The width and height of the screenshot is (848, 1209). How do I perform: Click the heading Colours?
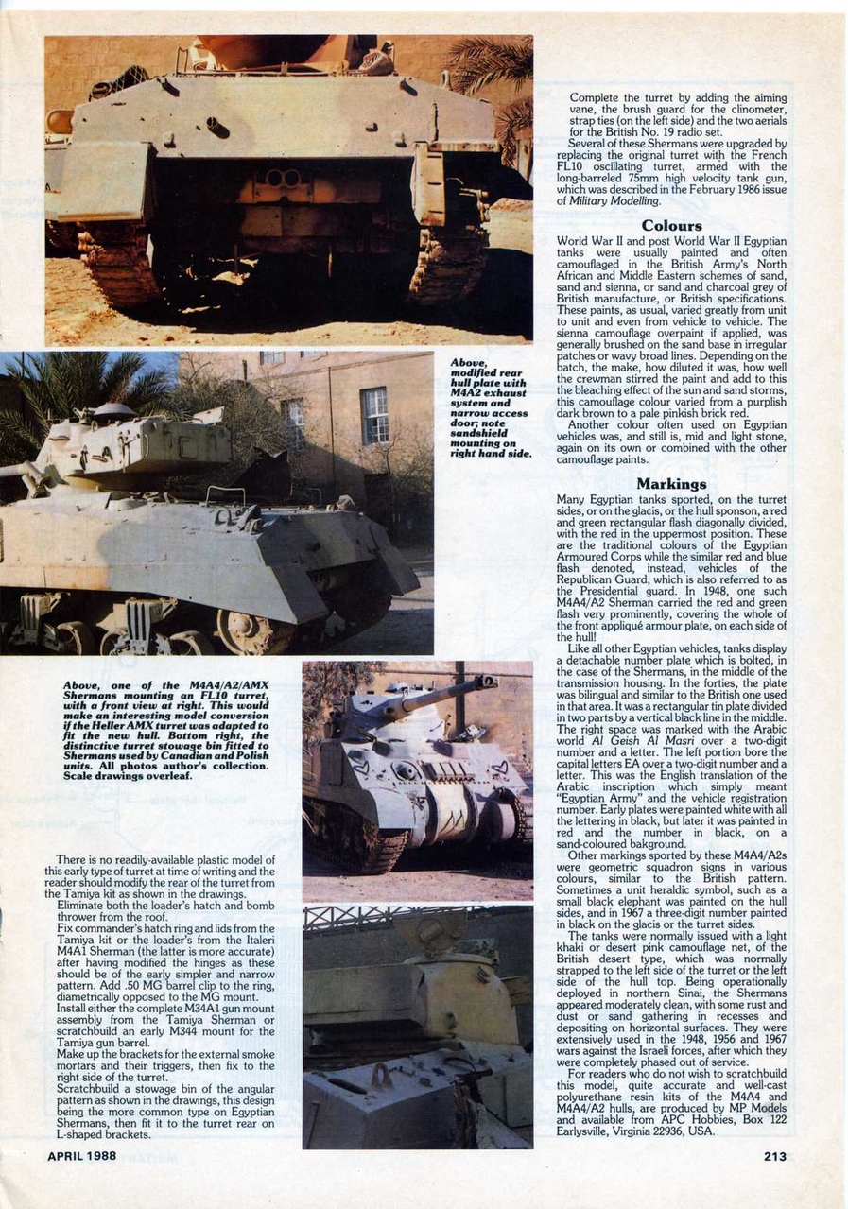click(x=671, y=226)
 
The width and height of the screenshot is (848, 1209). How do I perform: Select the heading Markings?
click(x=671, y=484)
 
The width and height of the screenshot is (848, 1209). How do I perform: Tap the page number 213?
click(x=775, y=1156)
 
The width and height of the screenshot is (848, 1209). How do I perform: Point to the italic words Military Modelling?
click(x=620, y=200)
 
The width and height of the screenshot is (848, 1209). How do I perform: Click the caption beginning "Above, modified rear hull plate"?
click(x=489, y=406)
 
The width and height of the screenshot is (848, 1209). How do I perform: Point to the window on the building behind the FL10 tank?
click(x=373, y=415)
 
